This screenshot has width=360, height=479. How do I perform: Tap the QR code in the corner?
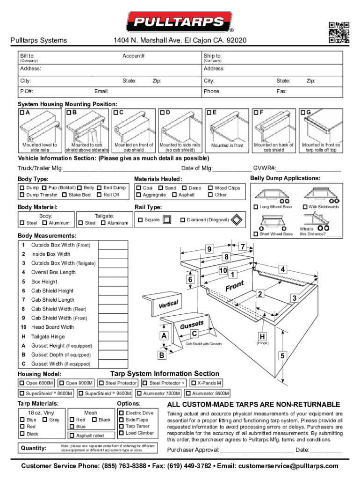click(x=339, y=32)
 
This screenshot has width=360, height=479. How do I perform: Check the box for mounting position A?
click(x=22, y=113)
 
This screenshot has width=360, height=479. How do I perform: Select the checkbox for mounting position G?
click(x=303, y=113)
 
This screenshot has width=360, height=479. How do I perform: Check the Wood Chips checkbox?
click(x=210, y=188)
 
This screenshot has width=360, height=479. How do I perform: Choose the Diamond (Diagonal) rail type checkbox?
click(x=182, y=220)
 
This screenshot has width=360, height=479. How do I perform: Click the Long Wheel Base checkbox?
click(x=256, y=207)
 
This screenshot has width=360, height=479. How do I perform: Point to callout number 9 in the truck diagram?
click(x=209, y=249)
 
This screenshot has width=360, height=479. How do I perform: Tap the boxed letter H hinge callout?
click(x=262, y=337)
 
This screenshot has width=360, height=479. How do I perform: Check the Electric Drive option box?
click(x=121, y=413)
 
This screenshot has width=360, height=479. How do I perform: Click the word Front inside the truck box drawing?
click(x=235, y=285)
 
